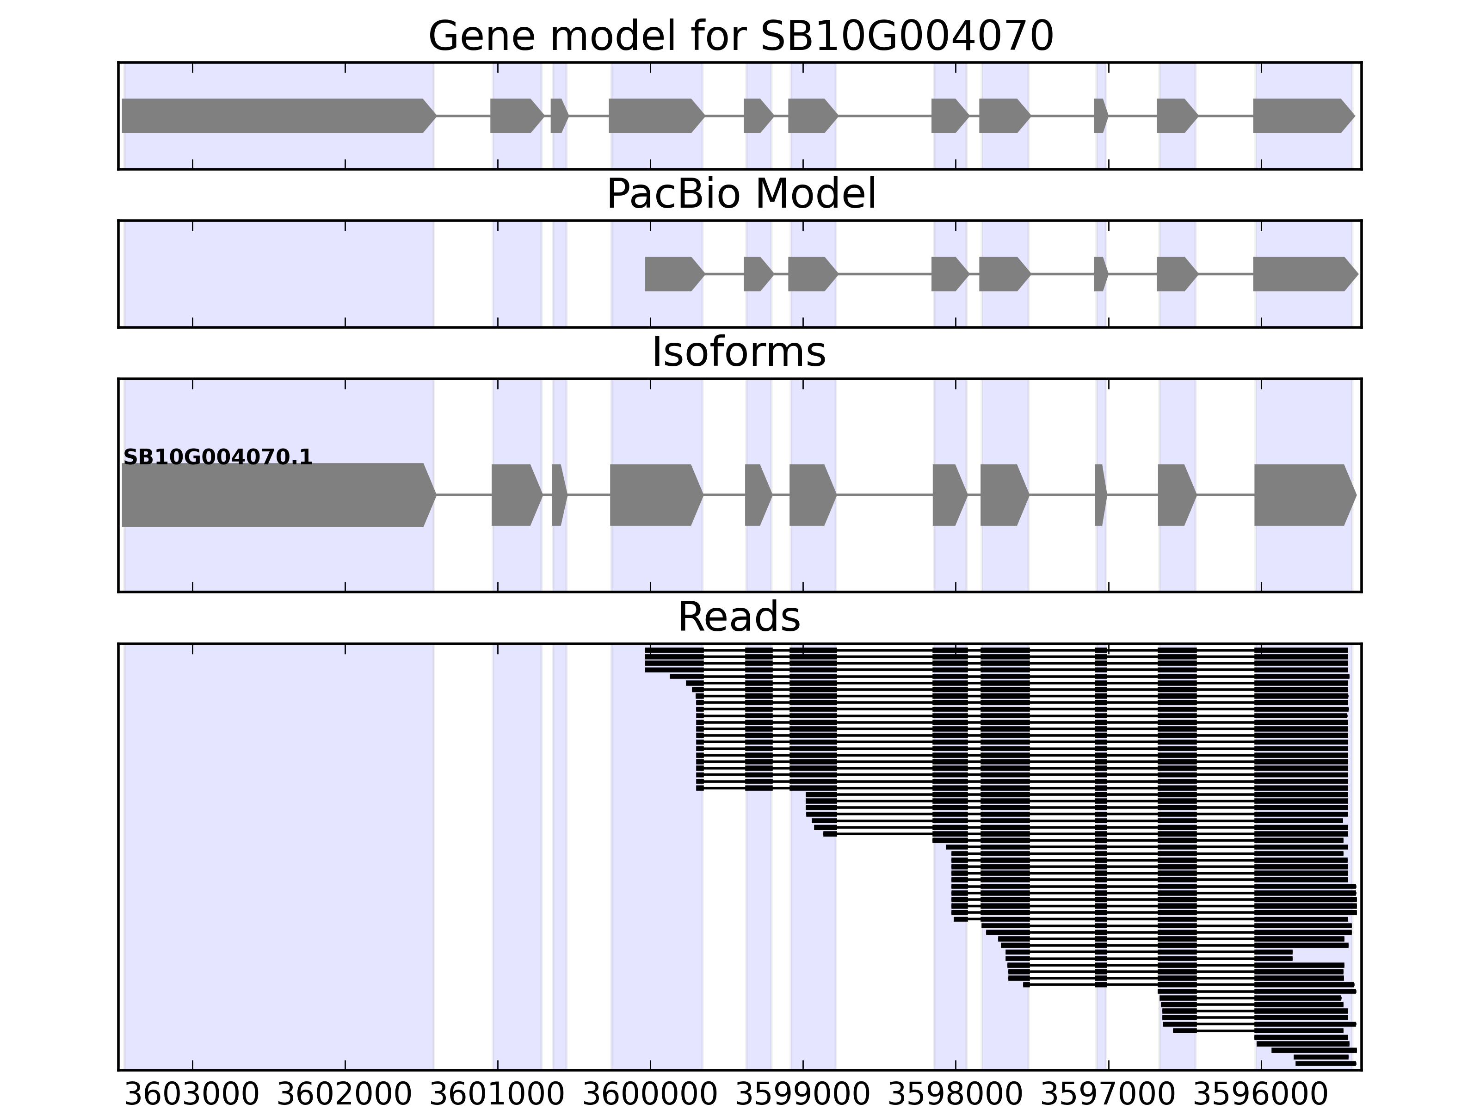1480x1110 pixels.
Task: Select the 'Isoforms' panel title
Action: [739, 352]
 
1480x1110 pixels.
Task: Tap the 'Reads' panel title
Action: [739, 617]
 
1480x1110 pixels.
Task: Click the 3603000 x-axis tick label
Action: [192, 1095]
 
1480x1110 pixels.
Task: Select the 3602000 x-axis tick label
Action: [345, 1095]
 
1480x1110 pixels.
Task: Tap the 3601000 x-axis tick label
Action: [497, 1095]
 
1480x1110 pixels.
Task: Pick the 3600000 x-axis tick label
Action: [650, 1095]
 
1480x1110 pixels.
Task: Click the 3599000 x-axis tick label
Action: [802, 1095]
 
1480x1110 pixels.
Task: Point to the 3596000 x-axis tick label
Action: [1260, 1095]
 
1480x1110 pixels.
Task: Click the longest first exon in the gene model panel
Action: [274, 116]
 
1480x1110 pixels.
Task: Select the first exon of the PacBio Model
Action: [672, 274]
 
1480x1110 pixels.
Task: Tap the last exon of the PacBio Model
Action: [1301, 274]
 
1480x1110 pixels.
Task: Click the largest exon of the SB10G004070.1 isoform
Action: [274, 495]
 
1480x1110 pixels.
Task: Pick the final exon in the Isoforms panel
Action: [1301, 495]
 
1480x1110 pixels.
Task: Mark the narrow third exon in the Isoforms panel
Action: [559, 495]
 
